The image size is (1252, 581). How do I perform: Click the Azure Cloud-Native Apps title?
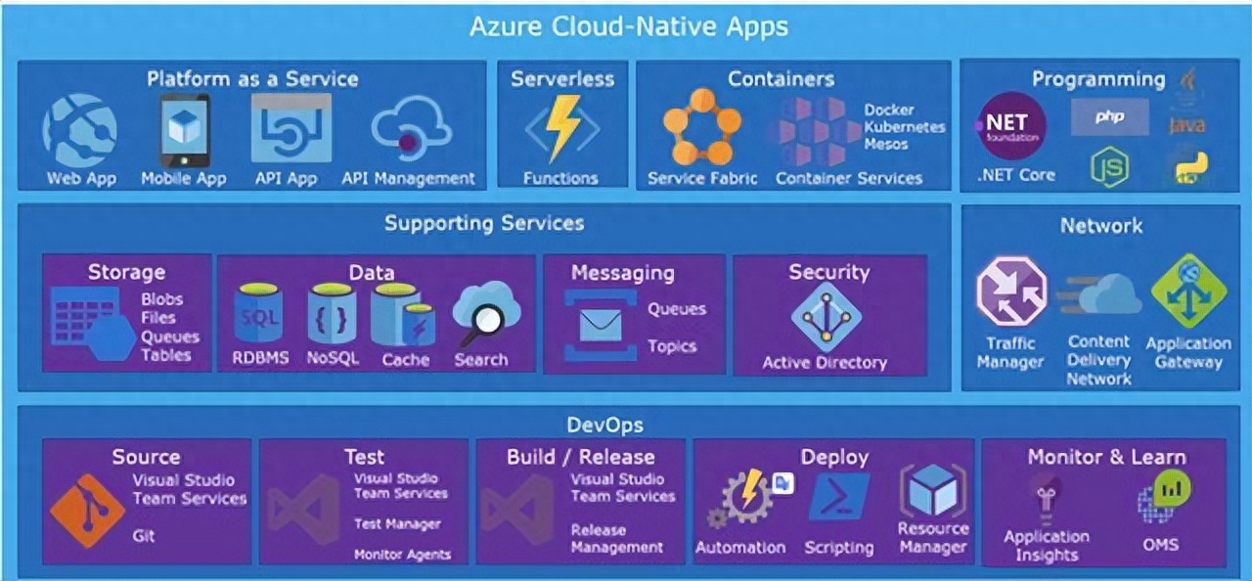pyautogui.click(x=628, y=26)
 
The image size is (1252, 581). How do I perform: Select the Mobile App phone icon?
pyautogui.click(x=184, y=130)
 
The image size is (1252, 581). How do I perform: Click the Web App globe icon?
pyautogui.click(x=79, y=130)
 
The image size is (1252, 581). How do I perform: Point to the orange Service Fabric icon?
pyautogui.click(x=701, y=127)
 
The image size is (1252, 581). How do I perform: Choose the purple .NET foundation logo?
pyautogui.click(x=1011, y=126)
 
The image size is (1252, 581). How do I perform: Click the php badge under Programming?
pyautogui.click(x=1109, y=117)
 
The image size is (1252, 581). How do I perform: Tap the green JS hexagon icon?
pyautogui.click(x=1109, y=166)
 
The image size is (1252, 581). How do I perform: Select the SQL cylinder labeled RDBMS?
pyautogui.click(x=259, y=314)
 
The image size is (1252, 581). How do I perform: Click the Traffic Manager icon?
pyautogui.click(x=1010, y=291)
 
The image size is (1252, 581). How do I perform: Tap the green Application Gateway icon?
pyautogui.click(x=1188, y=291)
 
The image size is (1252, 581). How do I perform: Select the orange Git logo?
pyautogui.click(x=87, y=511)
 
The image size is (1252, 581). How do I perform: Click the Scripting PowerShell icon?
pyautogui.click(x=838, y=498)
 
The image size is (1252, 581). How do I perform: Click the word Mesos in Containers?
pyautogui.click(x=886, y=145)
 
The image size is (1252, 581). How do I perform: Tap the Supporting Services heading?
pyautogui.click(x=483, y=223)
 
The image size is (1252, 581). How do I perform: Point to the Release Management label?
pyautogui.click(x=616, y=539)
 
